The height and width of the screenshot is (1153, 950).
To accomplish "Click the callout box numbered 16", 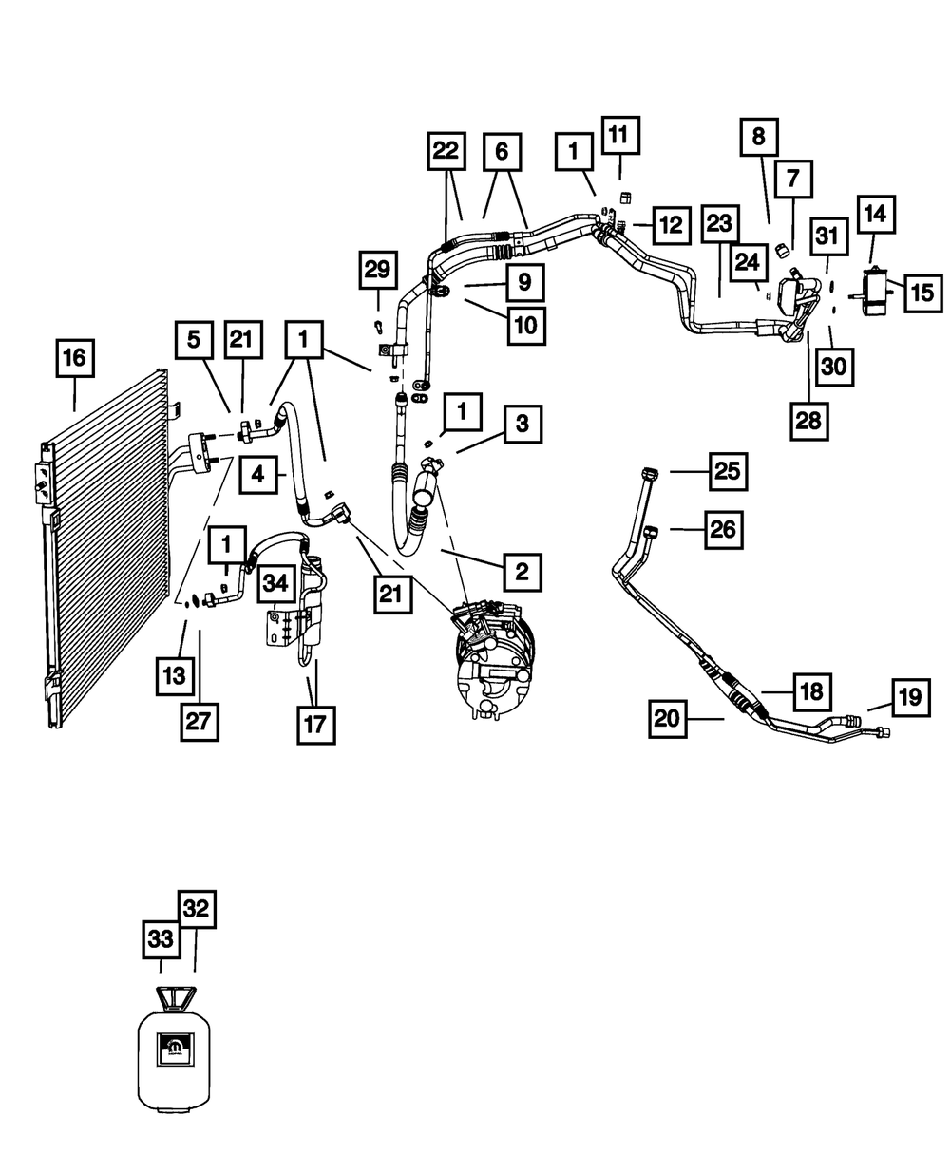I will click(x=74, y=359).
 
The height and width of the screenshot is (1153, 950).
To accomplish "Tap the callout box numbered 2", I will click(x=522, y=572).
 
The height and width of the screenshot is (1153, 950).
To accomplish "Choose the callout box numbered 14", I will click(x=875, y=216).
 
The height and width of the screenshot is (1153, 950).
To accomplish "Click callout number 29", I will click(x=377, y=271).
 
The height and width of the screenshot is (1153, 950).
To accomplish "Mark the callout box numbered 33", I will click(x=161, y=939).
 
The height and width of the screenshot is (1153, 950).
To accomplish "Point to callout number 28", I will click(x=808, y=419).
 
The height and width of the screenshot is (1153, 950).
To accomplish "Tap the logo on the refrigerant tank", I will click(x=174, y=1047).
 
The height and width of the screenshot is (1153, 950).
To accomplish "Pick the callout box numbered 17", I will click(x=315, y=724).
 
